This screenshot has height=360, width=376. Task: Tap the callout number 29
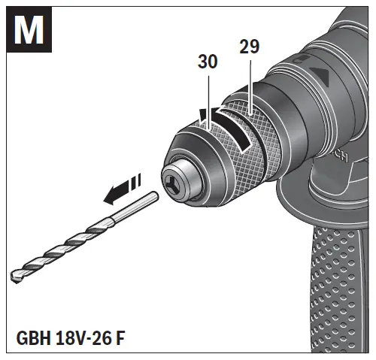[249, 47]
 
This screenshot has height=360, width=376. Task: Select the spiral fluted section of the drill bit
[68, 244]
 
